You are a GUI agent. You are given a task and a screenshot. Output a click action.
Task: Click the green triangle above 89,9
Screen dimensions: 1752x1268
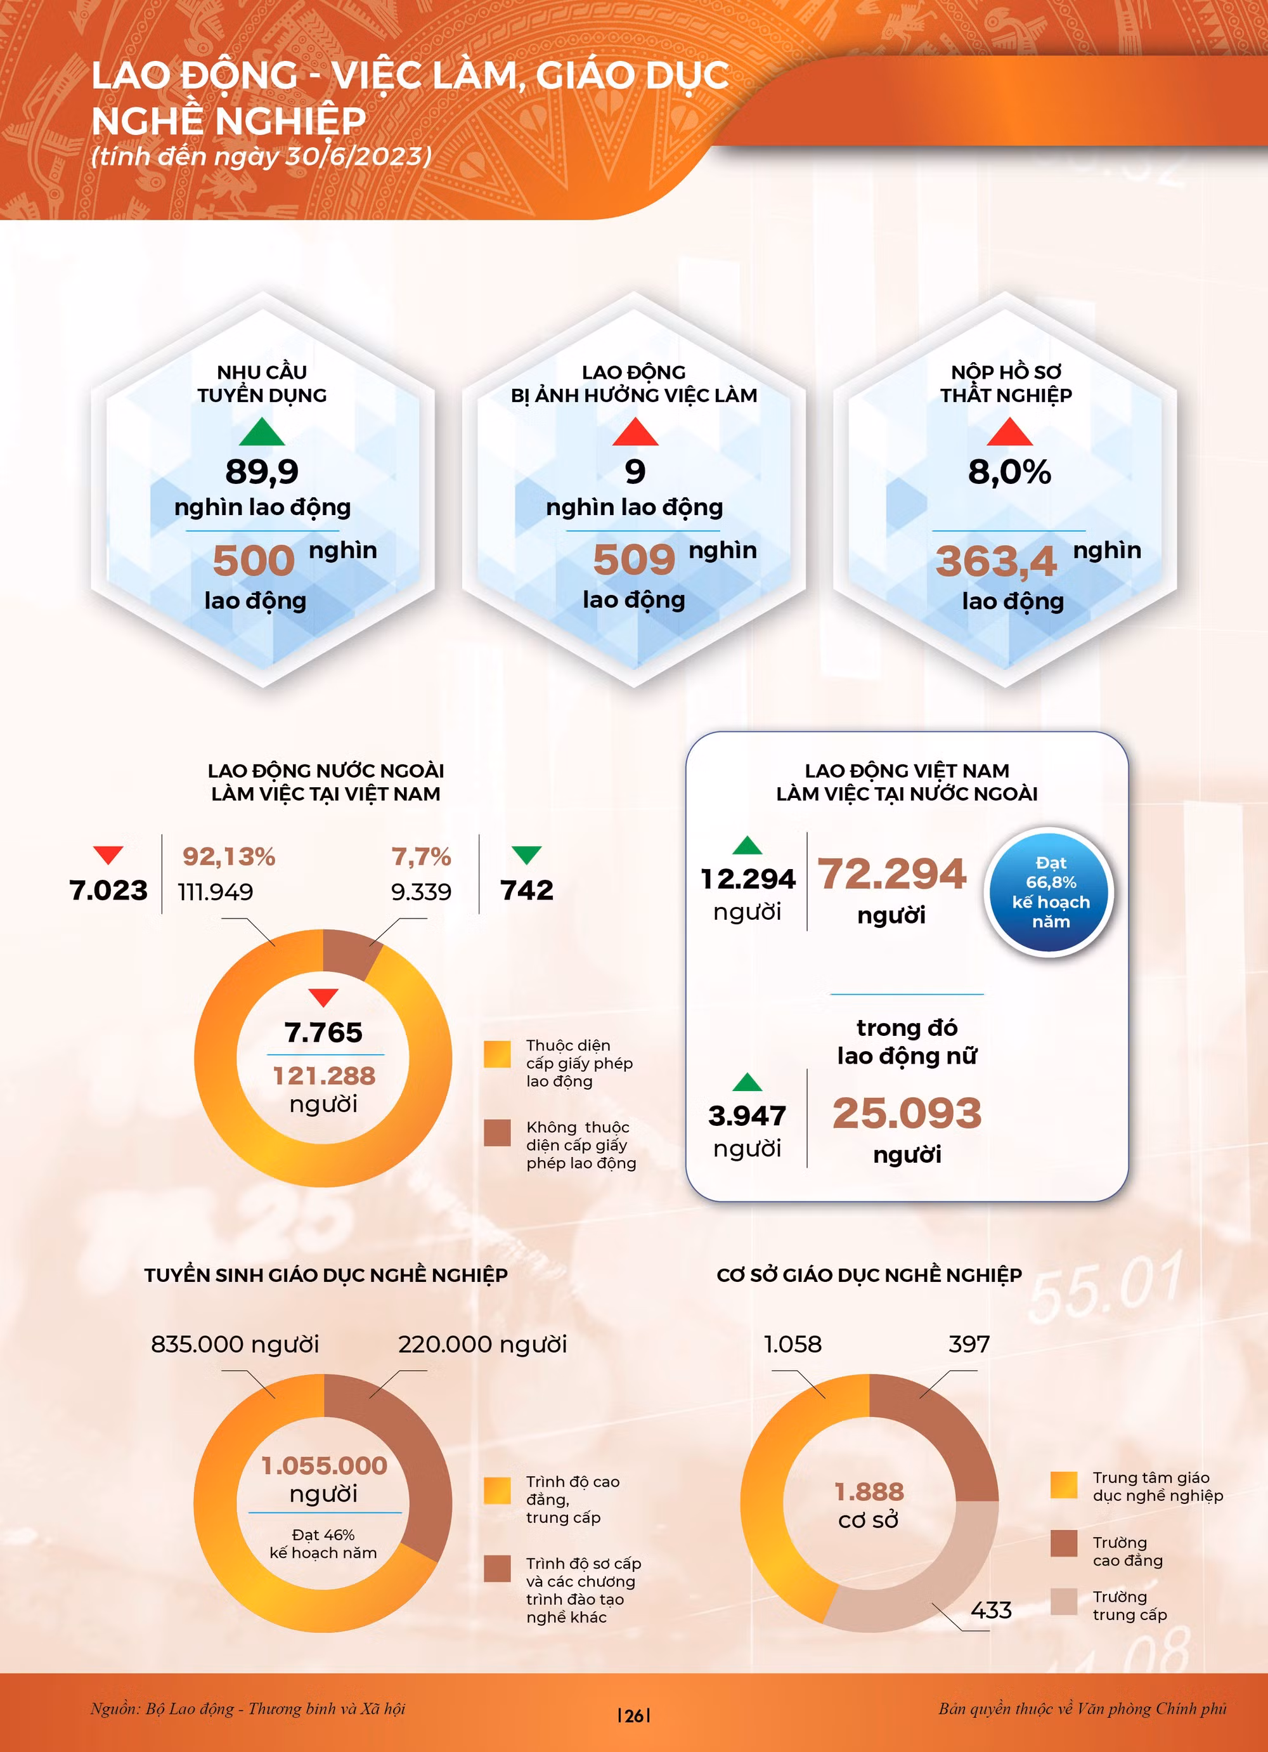click(262, 433)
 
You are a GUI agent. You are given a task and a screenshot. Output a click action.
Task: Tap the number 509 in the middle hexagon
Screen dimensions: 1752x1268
click(634, 560)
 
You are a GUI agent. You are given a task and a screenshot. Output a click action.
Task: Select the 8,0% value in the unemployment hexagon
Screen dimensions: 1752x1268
click(1009, 472)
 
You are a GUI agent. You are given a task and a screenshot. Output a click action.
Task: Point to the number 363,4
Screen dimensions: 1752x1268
click(995, 561)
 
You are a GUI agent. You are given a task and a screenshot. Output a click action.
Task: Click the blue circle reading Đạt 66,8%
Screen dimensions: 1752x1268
click(1051, 892)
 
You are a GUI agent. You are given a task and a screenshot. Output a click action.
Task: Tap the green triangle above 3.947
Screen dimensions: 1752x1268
click(747, 1082)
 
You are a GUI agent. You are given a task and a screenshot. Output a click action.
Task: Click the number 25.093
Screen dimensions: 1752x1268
click(907, 1114)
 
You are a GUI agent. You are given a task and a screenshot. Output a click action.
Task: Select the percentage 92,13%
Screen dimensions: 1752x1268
click(229, 857)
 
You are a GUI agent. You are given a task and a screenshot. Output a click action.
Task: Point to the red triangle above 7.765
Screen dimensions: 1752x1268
click(323, 997)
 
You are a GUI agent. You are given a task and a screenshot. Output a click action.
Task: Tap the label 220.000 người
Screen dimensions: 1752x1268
click(482, 1344)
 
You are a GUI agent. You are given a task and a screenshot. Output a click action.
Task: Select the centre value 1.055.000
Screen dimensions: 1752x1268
click(323, 1465)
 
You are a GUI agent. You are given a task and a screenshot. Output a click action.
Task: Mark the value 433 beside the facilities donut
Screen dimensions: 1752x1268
click(991, 1610)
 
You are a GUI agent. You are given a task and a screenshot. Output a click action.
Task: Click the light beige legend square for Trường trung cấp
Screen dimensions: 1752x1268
click(1063, 1602)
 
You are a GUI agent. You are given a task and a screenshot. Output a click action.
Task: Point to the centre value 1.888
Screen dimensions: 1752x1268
click(869, 1492)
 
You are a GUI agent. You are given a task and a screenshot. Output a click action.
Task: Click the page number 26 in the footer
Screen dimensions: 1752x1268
click(634, 1716)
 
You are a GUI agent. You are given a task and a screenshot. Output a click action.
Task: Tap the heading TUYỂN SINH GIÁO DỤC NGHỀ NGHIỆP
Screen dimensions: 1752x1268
click(325, 1274)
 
